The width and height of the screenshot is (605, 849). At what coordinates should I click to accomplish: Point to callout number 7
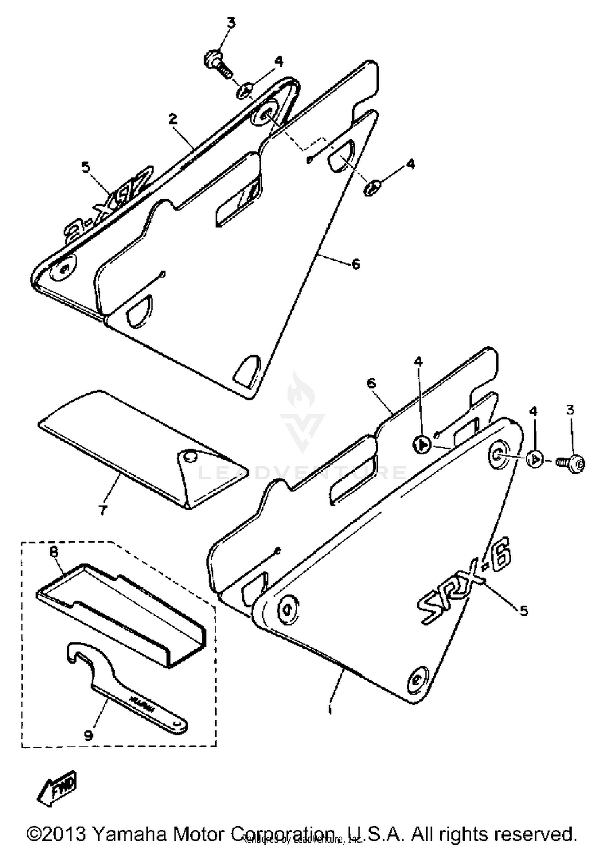point(103,510)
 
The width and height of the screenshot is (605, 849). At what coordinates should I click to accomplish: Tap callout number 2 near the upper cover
point(173,119)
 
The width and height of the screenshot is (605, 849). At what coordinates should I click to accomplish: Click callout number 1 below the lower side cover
point(331,710)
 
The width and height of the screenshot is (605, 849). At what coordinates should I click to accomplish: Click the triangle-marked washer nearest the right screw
point(535,459)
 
